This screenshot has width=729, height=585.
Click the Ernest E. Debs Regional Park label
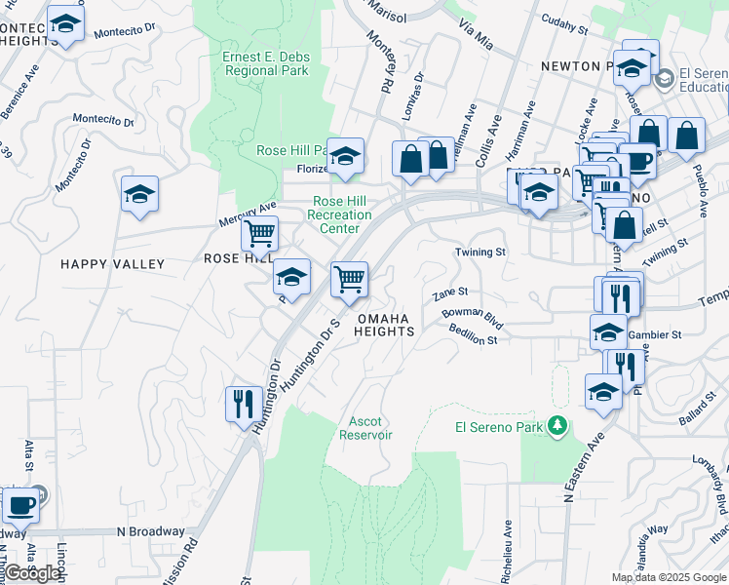(x=266, y=63)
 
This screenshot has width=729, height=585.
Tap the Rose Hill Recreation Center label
(x=341, y=214)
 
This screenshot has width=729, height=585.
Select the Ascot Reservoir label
(x=365, y=428)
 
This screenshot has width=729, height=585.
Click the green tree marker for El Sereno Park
(x=556, y=425)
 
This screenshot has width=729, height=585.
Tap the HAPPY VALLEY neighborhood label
(x=112, y=264)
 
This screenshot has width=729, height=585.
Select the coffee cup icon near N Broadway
(x=20, y=505)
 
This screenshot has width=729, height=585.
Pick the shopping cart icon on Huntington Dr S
(x=349, y=280)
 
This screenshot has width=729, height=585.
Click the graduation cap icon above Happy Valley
(x=139, y=193)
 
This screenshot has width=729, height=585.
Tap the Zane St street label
(x=450, y=292)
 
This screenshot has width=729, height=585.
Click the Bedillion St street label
(x=474, y=334)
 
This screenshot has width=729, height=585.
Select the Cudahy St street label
(x=565, y=25)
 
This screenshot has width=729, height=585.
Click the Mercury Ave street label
(x=249, y=210)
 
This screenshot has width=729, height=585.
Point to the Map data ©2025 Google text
(x=668, y=577)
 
